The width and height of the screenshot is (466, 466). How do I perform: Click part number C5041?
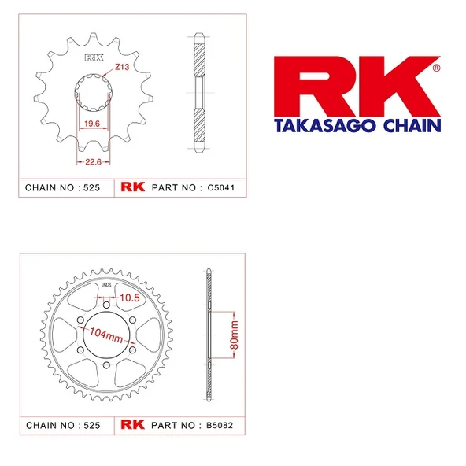pos(222,188)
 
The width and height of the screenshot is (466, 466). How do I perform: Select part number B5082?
pos(222,425)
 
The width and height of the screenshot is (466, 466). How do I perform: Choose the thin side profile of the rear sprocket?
pos(209,335)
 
